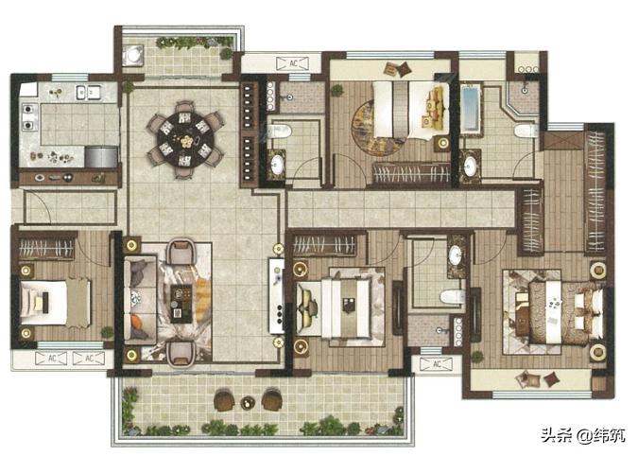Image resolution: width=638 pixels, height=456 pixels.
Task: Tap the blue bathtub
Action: pos(471,107)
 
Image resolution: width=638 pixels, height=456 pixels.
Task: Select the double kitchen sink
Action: pos(88,93)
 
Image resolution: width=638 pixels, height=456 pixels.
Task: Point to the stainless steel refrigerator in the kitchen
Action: pos(101,157)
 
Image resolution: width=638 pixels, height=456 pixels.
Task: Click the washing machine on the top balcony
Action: pos(133,55)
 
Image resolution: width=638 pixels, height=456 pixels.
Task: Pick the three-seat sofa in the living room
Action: pos(141,298)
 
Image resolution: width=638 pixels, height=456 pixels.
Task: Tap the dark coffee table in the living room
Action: pos(181,304)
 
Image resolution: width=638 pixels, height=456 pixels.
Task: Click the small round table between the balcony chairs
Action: pos(247,403)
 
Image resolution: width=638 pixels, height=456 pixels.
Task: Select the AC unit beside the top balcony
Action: pos(292,63)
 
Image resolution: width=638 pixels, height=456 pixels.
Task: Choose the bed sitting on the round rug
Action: pos(411,110)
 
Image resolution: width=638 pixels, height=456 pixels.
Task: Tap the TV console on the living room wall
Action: pos(276,296)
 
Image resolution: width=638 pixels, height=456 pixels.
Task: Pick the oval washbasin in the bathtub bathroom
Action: pos(470,167)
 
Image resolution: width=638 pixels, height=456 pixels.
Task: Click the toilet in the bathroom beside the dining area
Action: pos(279,132)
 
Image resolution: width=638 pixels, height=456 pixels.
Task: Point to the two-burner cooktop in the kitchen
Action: pos(28,117)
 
